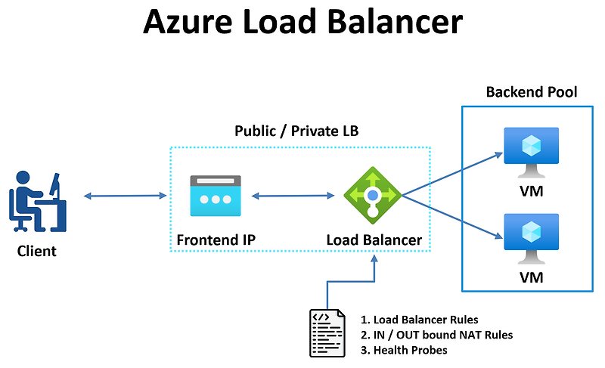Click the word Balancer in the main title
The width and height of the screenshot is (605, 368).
point(398,23)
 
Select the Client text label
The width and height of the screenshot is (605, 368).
point(37,250)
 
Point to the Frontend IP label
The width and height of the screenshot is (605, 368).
point(216,240)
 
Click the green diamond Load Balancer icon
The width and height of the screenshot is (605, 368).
point(372,195)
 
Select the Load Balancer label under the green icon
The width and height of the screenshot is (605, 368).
point(374,240)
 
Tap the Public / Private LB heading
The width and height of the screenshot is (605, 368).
point(296,131)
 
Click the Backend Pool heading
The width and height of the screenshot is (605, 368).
point(531,92)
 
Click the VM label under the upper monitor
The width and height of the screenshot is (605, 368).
point(531,191)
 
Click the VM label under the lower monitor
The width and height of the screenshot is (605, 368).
point(531,277)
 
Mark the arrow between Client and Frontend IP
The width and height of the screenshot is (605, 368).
point(125,196)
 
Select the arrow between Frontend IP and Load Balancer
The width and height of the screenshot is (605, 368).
point(293,196)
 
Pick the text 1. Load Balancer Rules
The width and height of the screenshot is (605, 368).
point(419,320)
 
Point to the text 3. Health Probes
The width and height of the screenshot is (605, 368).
point(404,350)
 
